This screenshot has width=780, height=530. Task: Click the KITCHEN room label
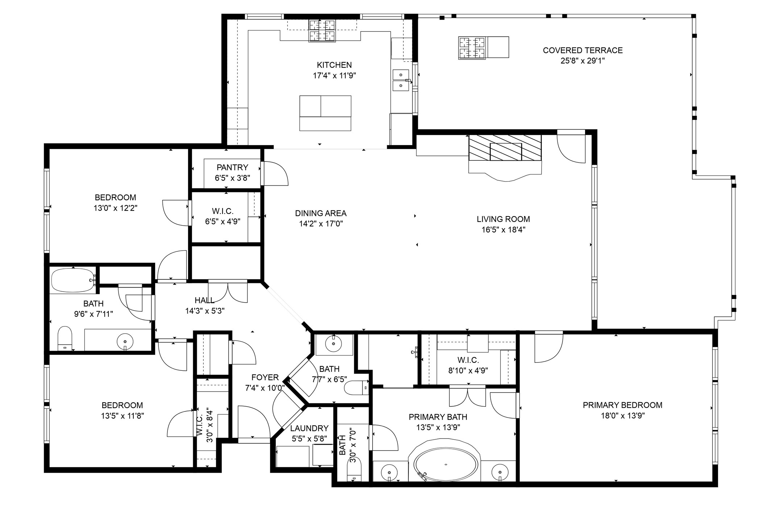coord(334,65)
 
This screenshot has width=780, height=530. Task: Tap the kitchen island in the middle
coord(325,113)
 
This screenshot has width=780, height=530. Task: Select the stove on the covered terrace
coord(472,48)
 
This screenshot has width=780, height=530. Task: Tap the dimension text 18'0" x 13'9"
coord(622,416)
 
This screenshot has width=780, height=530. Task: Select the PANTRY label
coord(232,168)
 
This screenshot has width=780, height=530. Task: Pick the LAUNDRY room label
coord(309,428)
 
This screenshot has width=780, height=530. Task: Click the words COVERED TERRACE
coord(582,50)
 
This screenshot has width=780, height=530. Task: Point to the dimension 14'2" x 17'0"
coord(321,224)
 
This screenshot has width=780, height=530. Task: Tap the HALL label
coord(204,300)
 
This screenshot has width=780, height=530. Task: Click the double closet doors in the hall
coord(228,292)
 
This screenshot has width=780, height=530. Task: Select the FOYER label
coord(265,377)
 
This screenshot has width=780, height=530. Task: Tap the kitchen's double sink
coord(401,80)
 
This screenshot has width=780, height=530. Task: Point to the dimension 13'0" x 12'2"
coord(115,208)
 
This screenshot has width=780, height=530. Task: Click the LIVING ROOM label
coord(503,219)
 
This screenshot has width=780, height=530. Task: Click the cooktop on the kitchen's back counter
coord(322,30)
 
